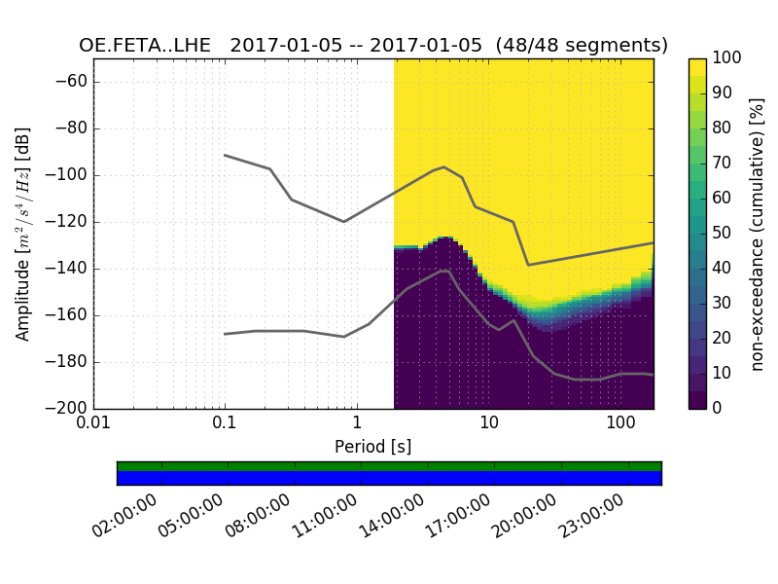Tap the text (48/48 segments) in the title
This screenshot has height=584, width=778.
[x=582, y=46]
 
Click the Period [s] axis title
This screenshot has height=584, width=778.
[x=373, y=447]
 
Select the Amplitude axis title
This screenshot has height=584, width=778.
[x=23, y=234]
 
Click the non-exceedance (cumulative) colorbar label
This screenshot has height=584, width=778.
[x=759, y=234]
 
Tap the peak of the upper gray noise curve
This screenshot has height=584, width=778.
[x=444, y=166]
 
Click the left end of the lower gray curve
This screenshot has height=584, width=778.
[x=225, y=334]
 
